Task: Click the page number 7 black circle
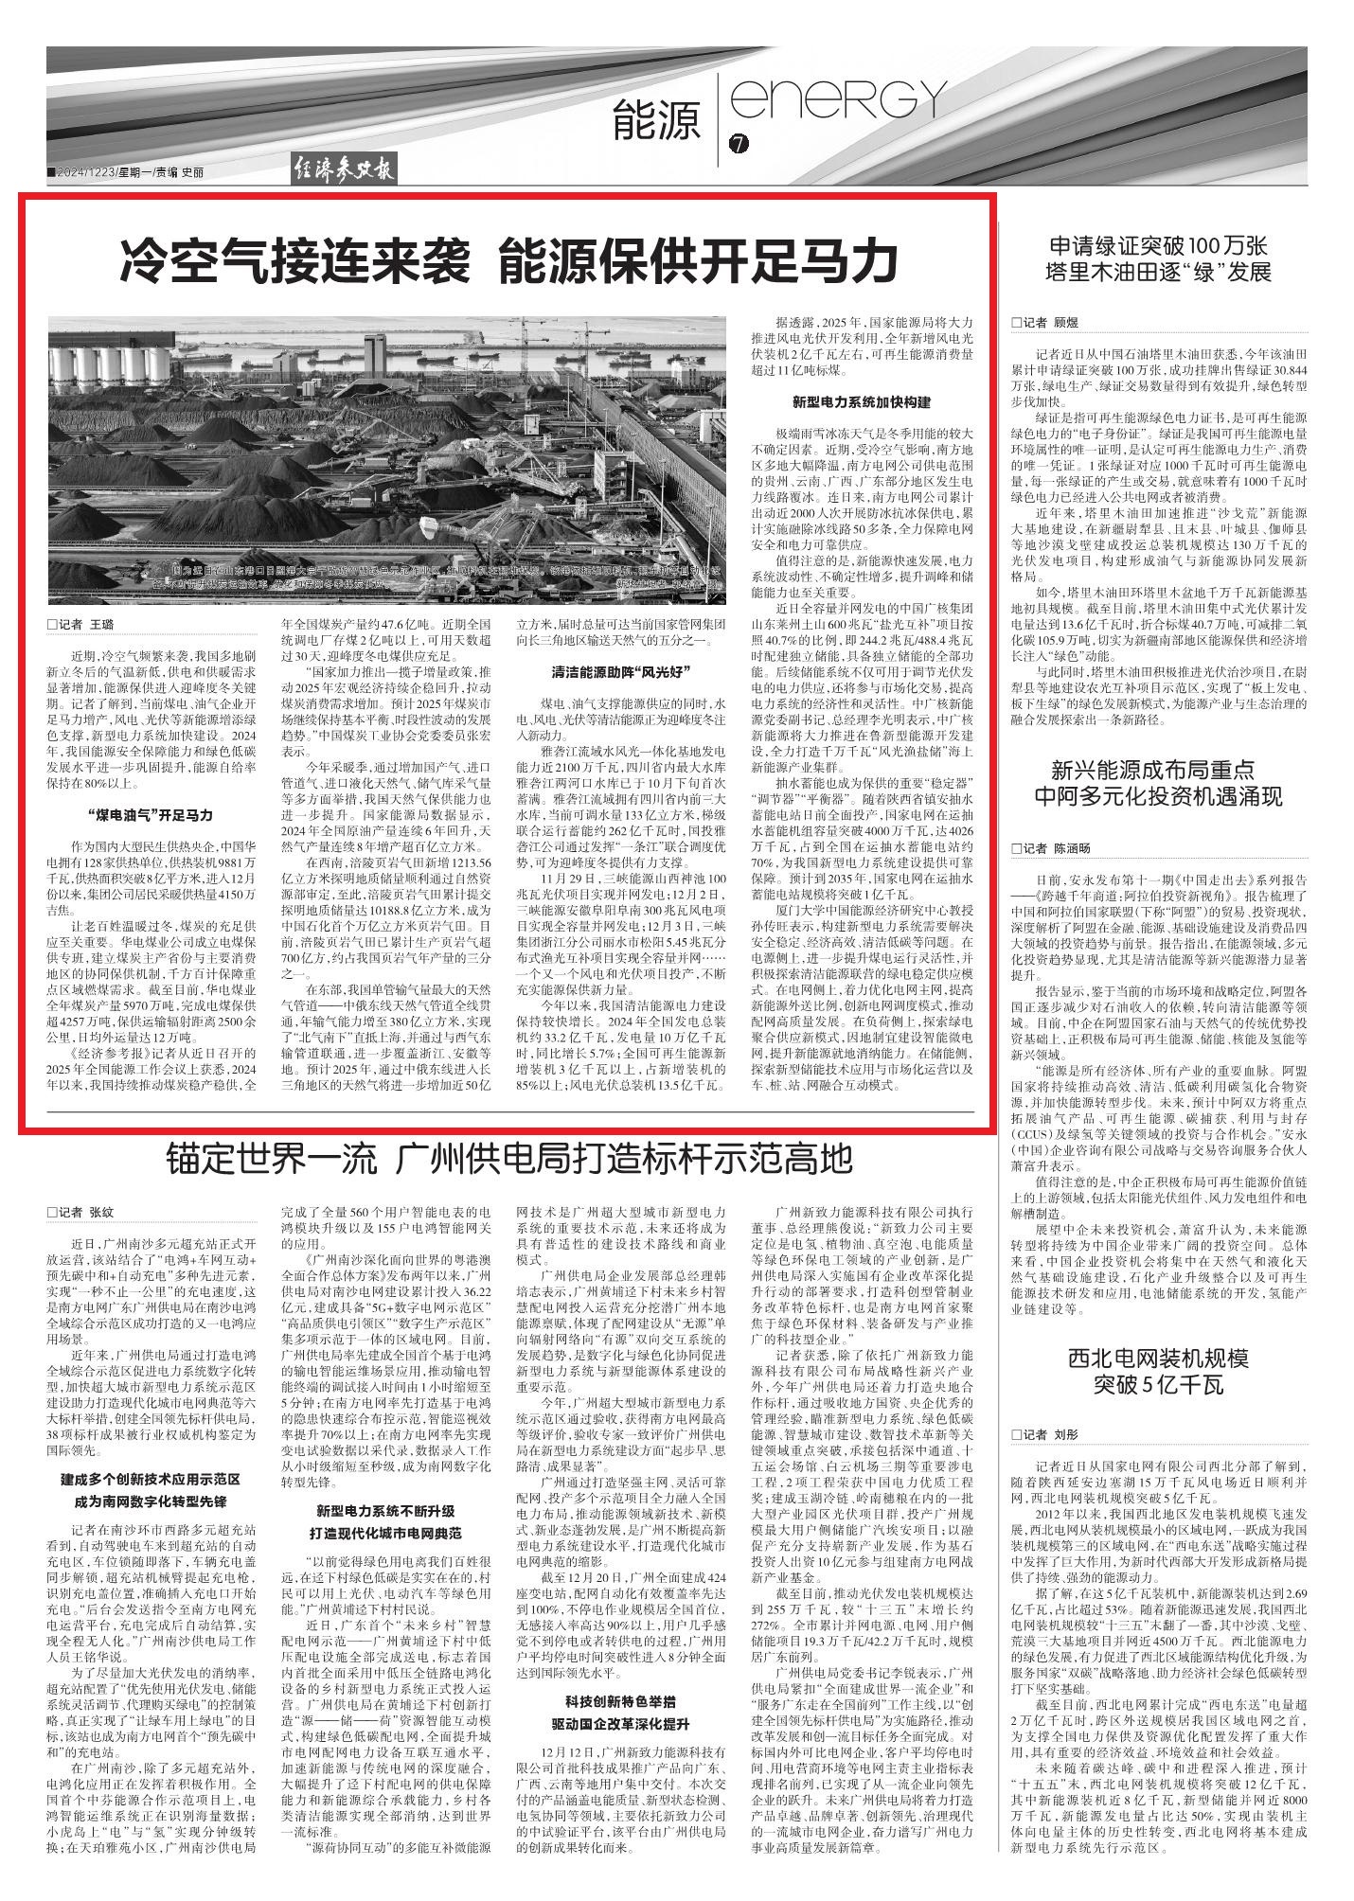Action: (739, 144)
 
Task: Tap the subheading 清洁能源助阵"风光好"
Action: (620, 672)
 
